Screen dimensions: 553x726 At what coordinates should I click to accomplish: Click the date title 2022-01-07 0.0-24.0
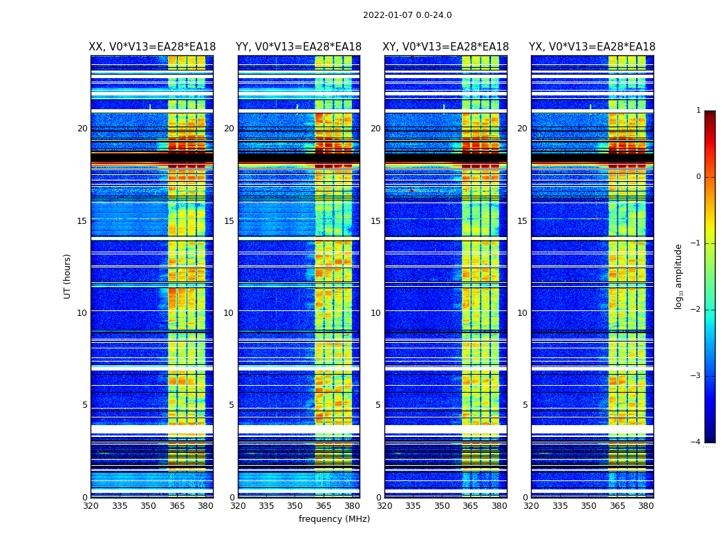point(407,15)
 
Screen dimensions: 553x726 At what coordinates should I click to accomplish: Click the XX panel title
point(152,47)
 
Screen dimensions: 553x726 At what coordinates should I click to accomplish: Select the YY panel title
point(299,47)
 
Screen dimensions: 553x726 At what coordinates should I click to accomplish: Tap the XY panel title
point(446,47)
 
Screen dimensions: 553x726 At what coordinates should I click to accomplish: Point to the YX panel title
point(592,47)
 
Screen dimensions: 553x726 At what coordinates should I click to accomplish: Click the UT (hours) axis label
point(68,276)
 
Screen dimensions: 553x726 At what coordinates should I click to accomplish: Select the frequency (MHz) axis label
point(334,519)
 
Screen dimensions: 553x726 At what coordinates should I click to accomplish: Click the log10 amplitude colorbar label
point(679,276)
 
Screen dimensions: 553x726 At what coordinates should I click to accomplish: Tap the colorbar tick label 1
point(698,111)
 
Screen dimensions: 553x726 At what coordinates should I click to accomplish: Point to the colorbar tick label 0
point(698,177)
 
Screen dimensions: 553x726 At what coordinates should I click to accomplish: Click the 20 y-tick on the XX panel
point(82,129)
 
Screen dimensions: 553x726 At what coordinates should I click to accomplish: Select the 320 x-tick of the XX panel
point(91,506)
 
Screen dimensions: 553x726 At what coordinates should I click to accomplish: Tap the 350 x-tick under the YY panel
point(295,506)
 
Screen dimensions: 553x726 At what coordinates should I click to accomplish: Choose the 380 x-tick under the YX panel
point(646,506)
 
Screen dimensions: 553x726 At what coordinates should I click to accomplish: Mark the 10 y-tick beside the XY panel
point(375,313)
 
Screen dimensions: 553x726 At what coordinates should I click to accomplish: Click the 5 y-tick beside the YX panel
point(525,405)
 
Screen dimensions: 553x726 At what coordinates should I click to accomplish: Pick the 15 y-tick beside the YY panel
point(229,221)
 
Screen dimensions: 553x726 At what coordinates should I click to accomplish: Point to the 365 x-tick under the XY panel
point(471,506)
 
